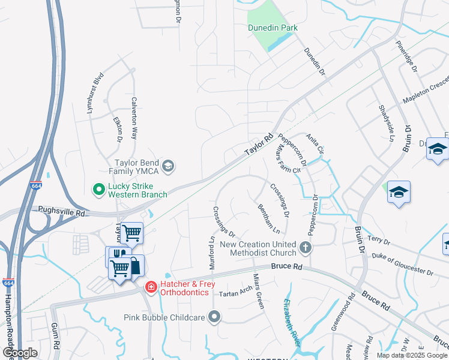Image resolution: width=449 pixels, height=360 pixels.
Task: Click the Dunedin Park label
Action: point(273,28)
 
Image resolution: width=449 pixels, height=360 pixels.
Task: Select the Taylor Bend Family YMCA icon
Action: point(169,166)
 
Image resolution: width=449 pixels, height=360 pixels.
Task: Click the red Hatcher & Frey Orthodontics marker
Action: point(150,287)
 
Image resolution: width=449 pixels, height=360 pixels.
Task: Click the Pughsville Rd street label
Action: point(62,211)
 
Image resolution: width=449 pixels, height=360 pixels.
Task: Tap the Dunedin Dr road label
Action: point(314,62)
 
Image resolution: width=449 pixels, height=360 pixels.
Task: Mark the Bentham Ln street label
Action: point(268,218)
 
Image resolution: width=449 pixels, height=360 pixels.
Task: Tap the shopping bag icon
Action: point(135,265)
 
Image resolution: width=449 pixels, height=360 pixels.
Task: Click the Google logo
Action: point(20,353)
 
